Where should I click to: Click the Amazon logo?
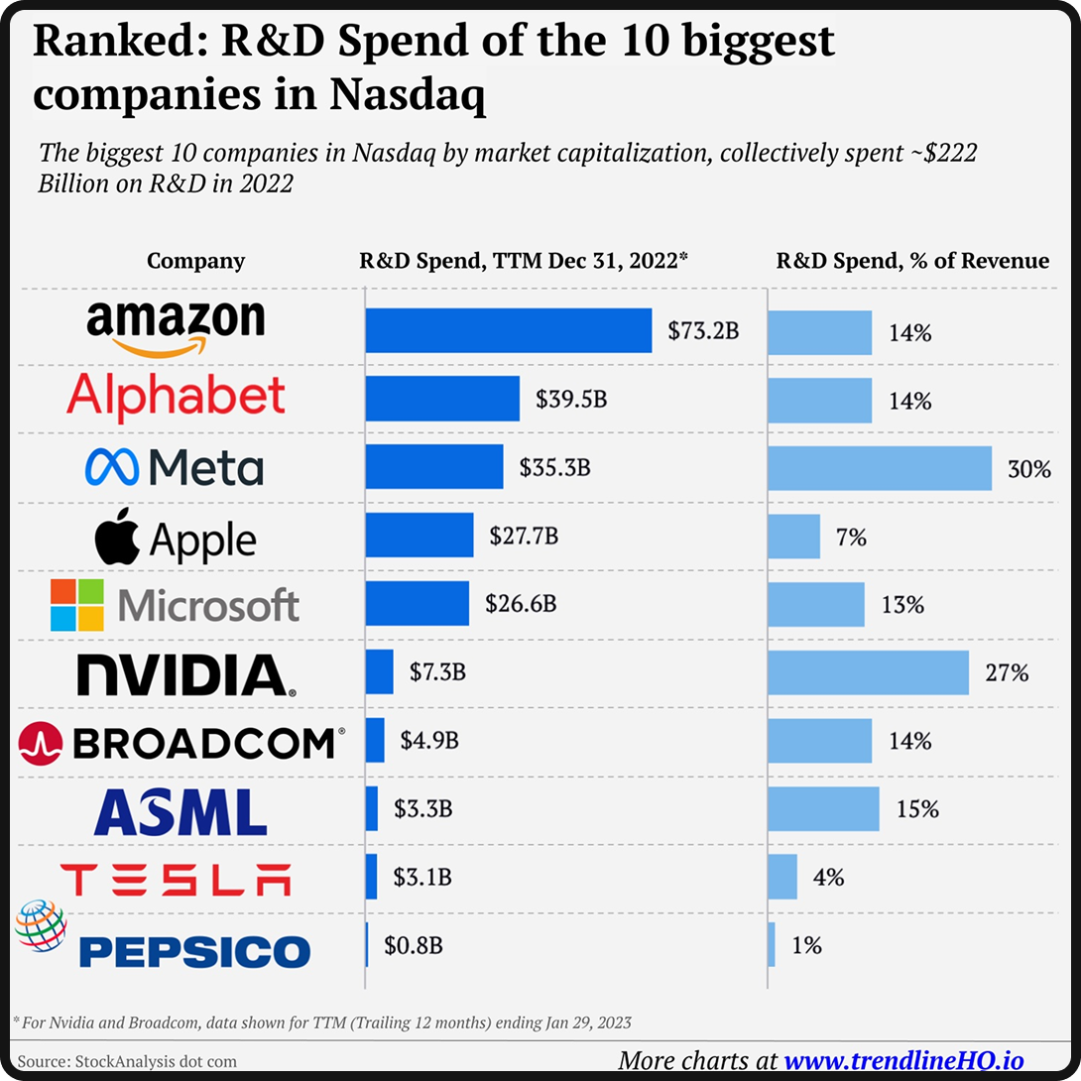pos(176,328)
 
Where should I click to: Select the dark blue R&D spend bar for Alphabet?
pos(442,399)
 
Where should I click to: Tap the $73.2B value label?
pos(703,331)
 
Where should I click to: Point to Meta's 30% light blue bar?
pos(879,467)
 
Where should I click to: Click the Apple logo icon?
pos(118,539)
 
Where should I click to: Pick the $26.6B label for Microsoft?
pos(521,603)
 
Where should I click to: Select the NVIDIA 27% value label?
pos(1007,672)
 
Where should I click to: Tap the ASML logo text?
pos(180,811)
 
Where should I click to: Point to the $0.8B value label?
pos(414,945)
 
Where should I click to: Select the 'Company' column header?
pos(195,261)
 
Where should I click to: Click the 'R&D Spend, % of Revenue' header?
pos(911,261)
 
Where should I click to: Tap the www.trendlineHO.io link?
pos(903,1059)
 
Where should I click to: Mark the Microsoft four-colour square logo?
pos(77,605)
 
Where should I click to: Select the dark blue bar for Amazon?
pos(508,331)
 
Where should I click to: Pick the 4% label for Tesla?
pos(827,877)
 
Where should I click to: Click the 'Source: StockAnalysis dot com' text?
pos(127,1061)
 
